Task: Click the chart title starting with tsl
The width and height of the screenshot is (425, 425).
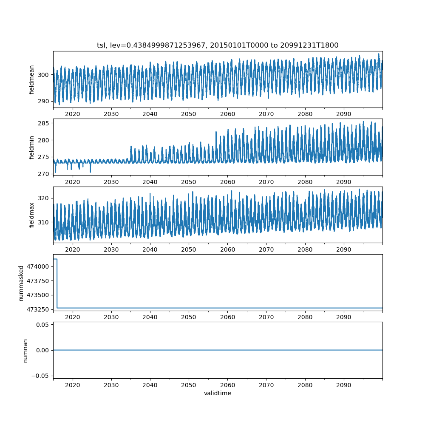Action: coord(218,45)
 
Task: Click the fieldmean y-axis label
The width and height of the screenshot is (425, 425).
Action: coord(32,79)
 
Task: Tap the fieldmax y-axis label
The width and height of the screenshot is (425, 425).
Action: coord(32,215)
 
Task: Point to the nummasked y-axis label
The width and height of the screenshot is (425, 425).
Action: coord(21,283)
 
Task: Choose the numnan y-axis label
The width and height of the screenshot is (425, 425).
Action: coord(25,350)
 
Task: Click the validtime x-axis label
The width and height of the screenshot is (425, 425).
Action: coord(218,394)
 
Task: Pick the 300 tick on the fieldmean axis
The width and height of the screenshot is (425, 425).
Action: coord(44,75)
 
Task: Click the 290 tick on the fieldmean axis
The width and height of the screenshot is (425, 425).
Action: coord(44,102)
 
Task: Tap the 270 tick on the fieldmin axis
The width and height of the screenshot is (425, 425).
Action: coord(44,174)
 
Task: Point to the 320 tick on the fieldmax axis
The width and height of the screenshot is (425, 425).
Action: coord(44,198)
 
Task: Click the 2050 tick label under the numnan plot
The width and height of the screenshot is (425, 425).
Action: coord(189,385)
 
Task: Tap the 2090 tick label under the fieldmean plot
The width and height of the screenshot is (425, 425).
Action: coord(344,114)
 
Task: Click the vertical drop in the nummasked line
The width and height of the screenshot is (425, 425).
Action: coord(57,283)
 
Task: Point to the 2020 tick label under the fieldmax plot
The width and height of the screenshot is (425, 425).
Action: coord(73,249)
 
